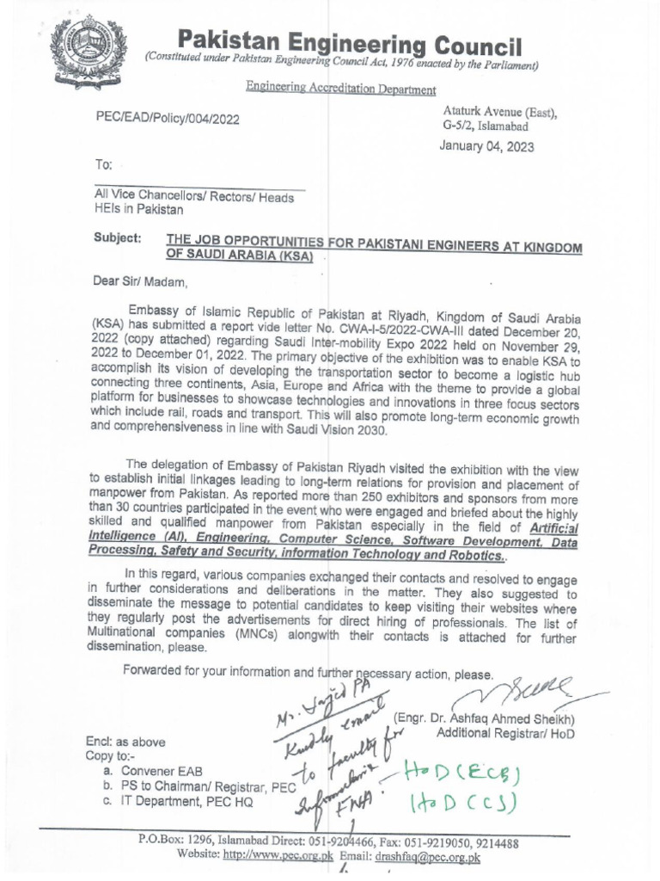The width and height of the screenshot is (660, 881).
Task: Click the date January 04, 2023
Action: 486,146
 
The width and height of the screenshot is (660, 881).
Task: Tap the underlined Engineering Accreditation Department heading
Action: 340,89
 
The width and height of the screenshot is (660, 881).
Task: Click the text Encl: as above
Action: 125,741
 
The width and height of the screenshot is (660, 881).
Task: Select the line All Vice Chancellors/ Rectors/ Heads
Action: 193,197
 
